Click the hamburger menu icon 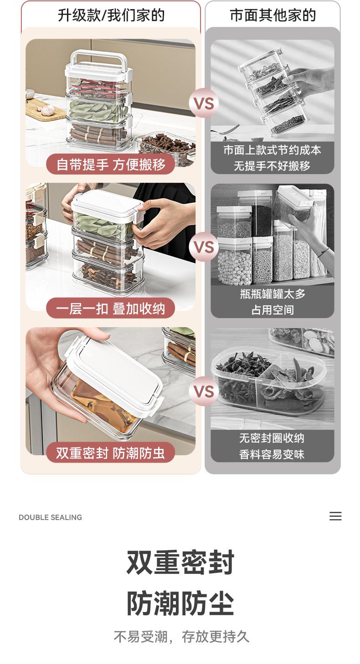tap(335, 516)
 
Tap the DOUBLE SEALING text tap(51, 517)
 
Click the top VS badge tap(204, 103)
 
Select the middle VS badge tap(204, 247)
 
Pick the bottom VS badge tap(204, 391)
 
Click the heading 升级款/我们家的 tap(111, 15)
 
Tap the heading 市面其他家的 tap(273, 15)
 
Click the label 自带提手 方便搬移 tap(111, 164)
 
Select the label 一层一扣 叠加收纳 tap(111, 309)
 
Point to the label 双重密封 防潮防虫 tap(111, 453)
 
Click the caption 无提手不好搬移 tap(272, 166)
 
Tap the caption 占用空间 tap(273, 310)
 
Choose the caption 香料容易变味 tap(272, 454)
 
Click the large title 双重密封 tap(180, 562)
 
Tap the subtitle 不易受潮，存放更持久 tap(181, 637)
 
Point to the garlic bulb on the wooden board tap(48, 110)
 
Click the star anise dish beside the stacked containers tap(166, 147)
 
